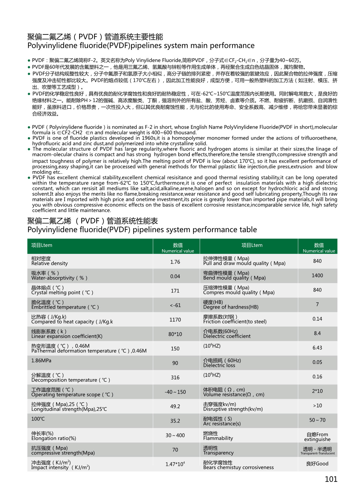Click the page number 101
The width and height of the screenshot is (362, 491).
coord(331,479)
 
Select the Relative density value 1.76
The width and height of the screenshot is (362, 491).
coord(175,262)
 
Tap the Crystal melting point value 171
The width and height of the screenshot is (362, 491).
coord(175,291)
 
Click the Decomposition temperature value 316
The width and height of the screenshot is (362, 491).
coord(175,378)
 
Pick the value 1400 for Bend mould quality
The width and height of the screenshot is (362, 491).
coord(317,276)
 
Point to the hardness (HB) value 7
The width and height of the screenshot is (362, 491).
coord(317,304)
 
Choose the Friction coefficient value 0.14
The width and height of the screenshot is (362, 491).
coord(317,319)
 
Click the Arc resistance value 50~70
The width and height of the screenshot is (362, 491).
coord(317,420)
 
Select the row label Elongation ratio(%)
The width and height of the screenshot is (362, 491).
coord(54,438)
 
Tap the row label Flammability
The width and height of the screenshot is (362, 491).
coord(218,438)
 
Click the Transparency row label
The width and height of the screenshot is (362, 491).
coord(218,453)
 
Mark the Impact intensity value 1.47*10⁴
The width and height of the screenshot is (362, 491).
coord(175,464)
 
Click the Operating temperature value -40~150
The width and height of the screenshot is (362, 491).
coord(175,392)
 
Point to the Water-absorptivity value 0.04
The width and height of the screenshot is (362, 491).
coord(175,276)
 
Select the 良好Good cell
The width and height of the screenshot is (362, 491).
coord(317,464)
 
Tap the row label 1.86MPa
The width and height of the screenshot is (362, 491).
coord(41,361)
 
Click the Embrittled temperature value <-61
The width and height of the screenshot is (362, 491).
coord(175,305)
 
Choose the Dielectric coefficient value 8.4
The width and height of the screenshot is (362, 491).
coord(317,333)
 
